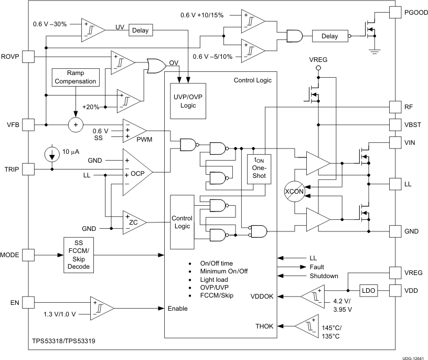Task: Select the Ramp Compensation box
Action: pyautogui.click(x=75, y=77)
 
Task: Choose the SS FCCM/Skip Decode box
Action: pyautogui.click(x=79, y=255)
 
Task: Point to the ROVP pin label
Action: pyautogui.click(x=10, y=56)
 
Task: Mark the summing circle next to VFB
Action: pyautogui.click(x=76, y=124)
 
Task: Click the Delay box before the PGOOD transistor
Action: pyautogui.click(x=329, y=36)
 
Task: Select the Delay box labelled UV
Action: pyautogui.click(x=140, y=30)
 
